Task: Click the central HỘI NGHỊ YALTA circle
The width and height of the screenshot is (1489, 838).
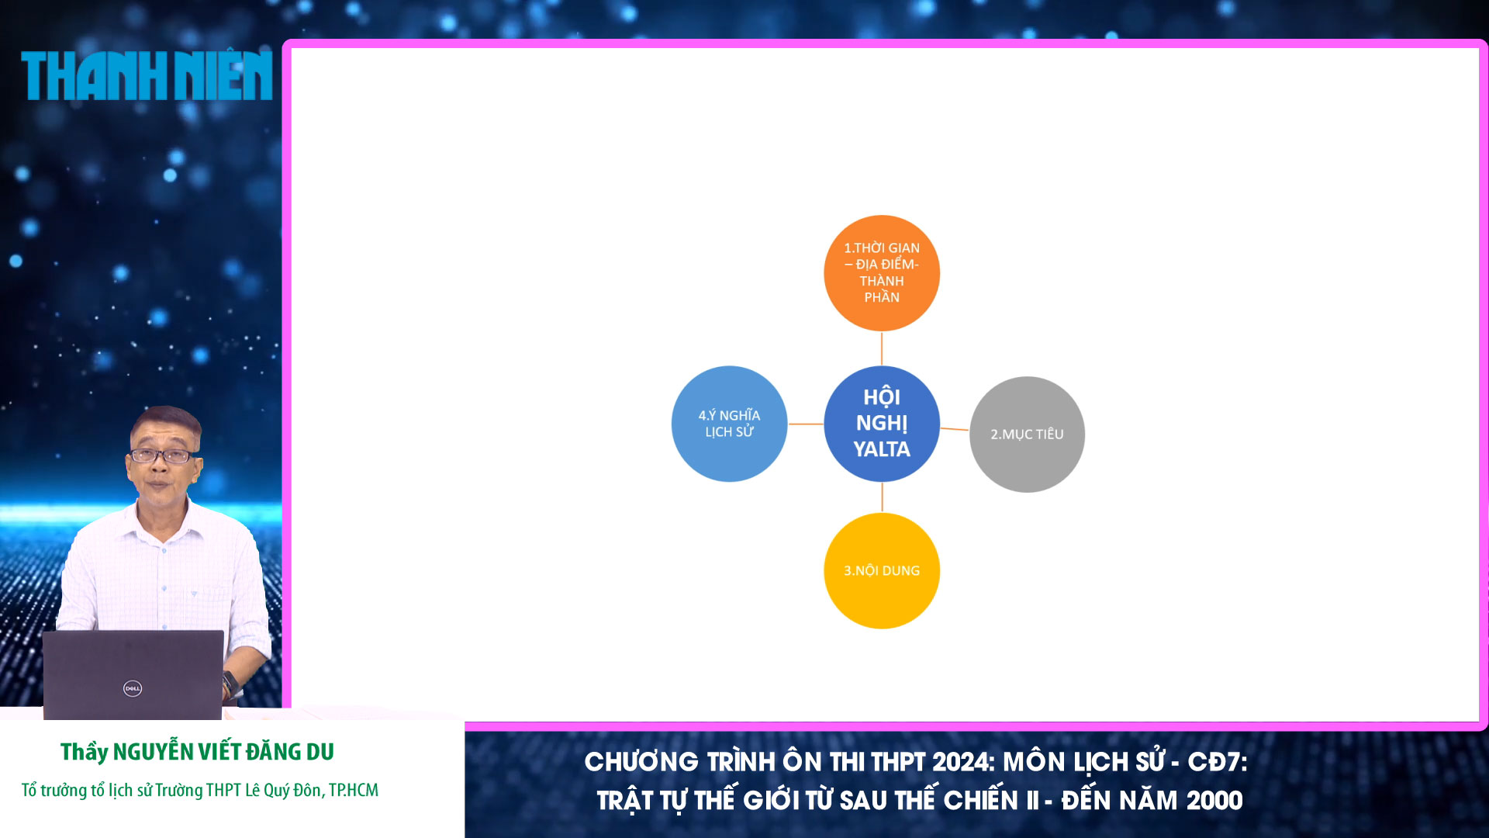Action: (x=882, y=424)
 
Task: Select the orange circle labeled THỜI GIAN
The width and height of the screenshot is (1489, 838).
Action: (x=882, y=273)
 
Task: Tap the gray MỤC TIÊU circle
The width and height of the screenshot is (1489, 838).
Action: (x=1027, y=435)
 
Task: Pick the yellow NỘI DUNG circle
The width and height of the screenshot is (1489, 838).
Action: (x=882, y=571)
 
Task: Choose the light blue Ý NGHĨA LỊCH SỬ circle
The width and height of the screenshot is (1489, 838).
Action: (x=729, y=424)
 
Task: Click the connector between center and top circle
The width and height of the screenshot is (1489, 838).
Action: (x=882, y=348)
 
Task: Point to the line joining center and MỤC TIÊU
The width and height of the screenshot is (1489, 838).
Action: (x=955, y=429)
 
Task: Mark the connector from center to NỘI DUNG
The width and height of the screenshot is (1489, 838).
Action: (x=882, y=497)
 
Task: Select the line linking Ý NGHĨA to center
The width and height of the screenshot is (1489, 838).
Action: (x=806, y=424)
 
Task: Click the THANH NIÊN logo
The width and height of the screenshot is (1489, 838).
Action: (x=147, y=76)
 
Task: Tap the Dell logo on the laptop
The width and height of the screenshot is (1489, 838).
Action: (x=133, y=688)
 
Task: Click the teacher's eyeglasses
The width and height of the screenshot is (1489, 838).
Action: (x=163, y=455)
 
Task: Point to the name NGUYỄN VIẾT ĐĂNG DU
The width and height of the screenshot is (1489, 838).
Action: (x=223, y=752)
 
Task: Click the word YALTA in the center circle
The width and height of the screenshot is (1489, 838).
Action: (x=882, y=449)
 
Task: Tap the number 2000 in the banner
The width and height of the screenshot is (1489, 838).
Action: (x=1214, y=801)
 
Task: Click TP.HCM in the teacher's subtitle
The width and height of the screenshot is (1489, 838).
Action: (x=354, y=791)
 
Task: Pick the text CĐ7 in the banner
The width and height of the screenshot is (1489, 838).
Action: (x=1215, y=762)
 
